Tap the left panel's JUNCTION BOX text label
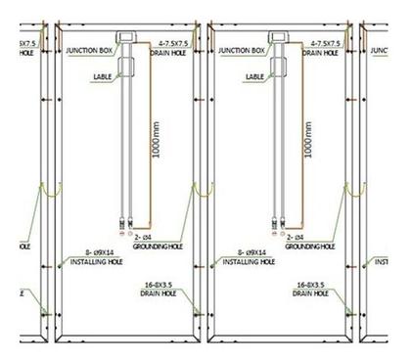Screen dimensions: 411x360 pyautogui.click(x=90, y=49)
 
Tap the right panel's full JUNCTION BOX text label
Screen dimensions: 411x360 pyautogui.click(x=241, y=49)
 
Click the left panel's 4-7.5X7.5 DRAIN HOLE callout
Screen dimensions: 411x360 pyautogui.click(x=177, y=49)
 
